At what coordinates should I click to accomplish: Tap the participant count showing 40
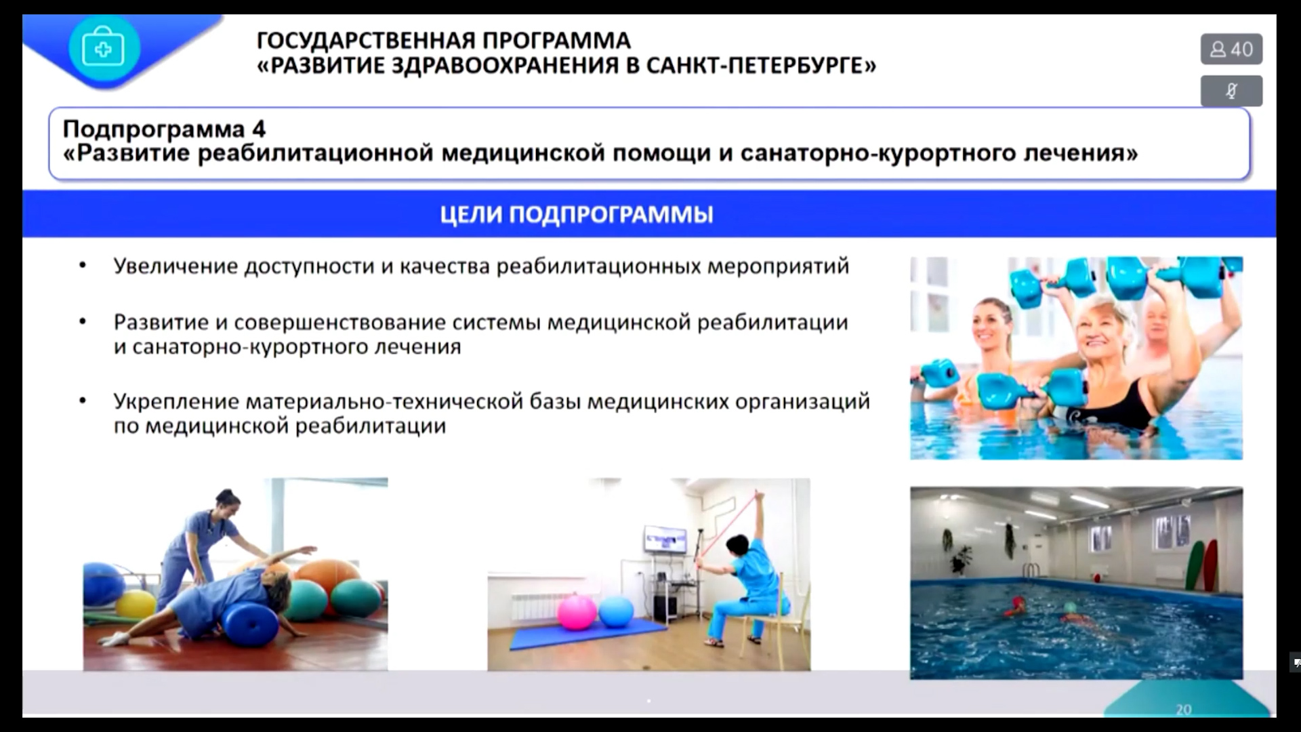coord(1231,49)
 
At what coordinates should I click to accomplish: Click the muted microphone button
coord(1231,91)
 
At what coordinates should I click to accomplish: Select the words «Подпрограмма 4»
coord(165,129)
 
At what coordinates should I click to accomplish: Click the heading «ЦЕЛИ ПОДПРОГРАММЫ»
coord(577,215)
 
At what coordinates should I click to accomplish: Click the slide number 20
coord(1184,709)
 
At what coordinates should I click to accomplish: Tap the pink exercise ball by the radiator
coord(577,613)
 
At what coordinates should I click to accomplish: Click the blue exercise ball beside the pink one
coord(616,611)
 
